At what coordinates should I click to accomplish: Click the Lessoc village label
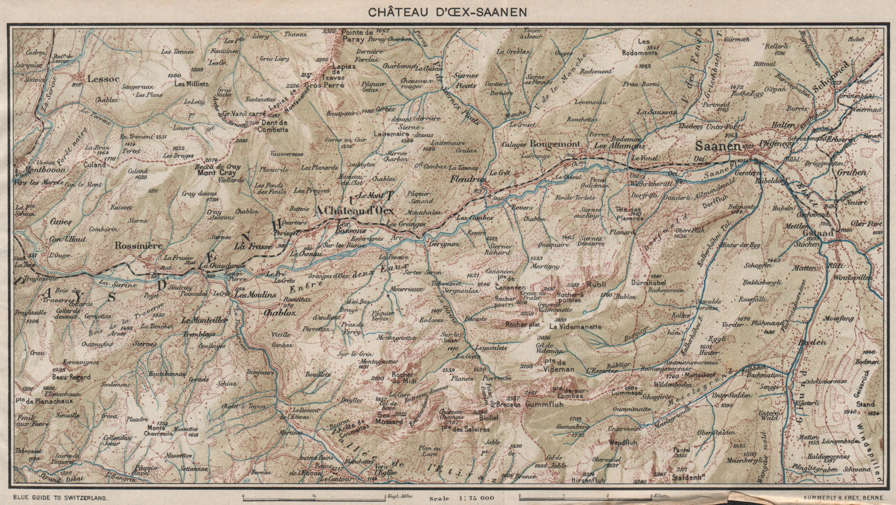101,79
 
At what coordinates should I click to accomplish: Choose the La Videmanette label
575,326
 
